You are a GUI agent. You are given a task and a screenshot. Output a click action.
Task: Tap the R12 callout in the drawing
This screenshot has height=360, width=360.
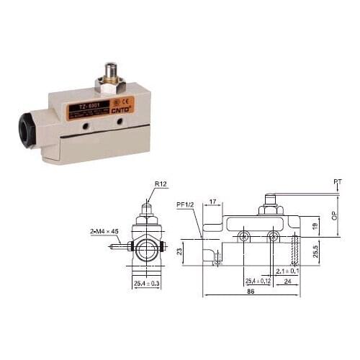pyautogui.click(x=161, y=184)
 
